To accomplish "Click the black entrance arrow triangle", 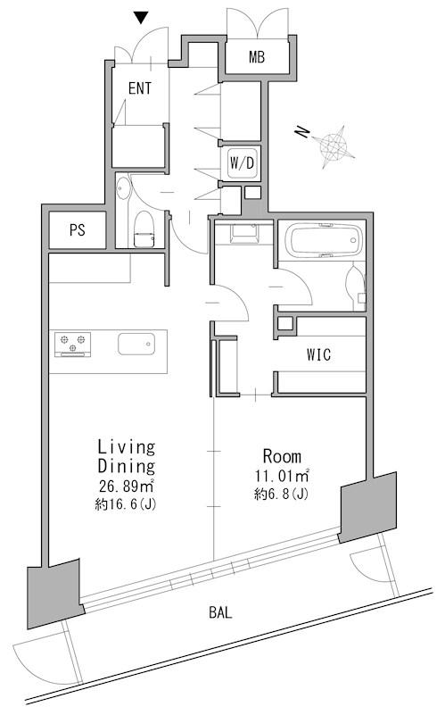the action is click(x=141, y=18).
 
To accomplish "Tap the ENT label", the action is click(x=140, y=88).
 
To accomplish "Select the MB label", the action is click(x=257, y=57).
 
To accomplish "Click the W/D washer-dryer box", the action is click(x=242, y=162).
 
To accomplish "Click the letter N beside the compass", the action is click(x=302, y=133).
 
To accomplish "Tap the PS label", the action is click(x=78, y=229).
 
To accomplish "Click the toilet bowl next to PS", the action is click(x=144, y=229).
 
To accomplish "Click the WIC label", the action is click(x=318, y=354).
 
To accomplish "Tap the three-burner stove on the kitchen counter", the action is click(x=73, y=344).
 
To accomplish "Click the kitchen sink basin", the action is click(x=136, y=344).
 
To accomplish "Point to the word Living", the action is click(x=127, y=447).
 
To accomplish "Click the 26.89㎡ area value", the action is click(x=126, y=486).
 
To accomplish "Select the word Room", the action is click(x=282, y=456).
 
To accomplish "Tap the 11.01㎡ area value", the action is click(x=282, y=476).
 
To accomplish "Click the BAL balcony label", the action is click(x=220, y=612).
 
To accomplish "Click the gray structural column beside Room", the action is click(x=368, y=507).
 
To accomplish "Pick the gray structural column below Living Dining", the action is click(x=54, y=593).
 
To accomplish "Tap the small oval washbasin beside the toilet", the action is click(x=122, y=188).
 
